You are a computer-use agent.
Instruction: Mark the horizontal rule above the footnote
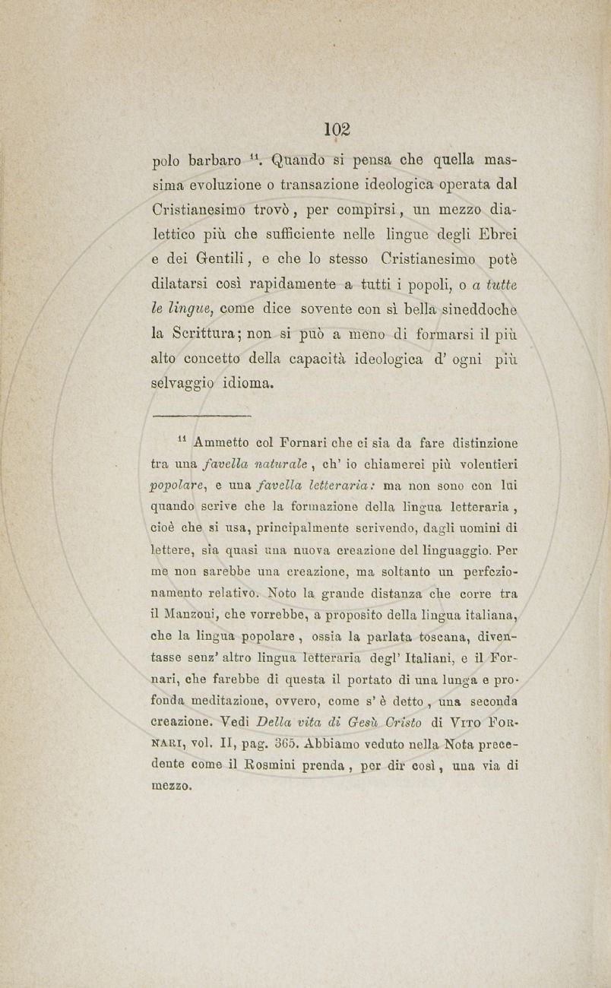(201, 416)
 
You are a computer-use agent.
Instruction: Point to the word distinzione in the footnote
(476, 442)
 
